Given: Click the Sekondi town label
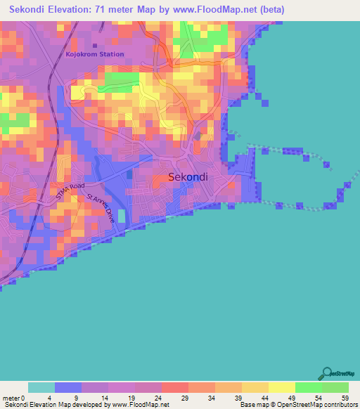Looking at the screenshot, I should pos(188,177).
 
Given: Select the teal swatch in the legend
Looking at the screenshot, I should pos(41,387).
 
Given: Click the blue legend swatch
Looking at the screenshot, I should pos(68,387).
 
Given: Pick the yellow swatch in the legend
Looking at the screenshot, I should pos(282,387).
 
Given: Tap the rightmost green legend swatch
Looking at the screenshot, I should pos(335,387).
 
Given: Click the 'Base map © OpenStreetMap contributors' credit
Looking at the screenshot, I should pos(298,405).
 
